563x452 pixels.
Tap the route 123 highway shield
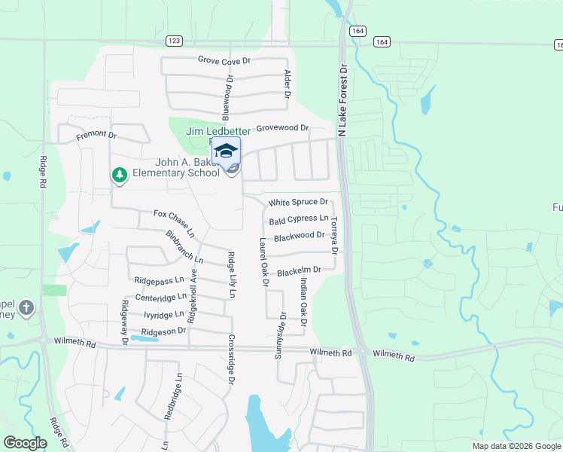pyautogui.click(x=174, y=42)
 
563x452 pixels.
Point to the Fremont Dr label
pyautogui.click(x=97, y=136)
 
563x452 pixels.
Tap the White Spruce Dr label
pyautogui.click(x=299, y=203)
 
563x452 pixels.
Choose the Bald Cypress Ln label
pyautogui.click(x=299, y=220)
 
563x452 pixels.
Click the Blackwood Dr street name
pyautogui.click(x=300, y=237)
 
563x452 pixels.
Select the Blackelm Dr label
pyautogui.click(x=299, y=270)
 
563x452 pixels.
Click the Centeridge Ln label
pyautogui.click(x=160, y=298)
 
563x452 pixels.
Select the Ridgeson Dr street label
pyautogui.click(x=163, y=331)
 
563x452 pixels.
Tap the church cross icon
pyautogui.click(x=26, y=307)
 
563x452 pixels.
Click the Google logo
pyautogui.click(x=25, y=443)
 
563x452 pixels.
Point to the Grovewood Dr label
pyautogui.click(x=282, y=129)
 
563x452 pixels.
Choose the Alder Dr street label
pyautogui.click(x=287, y=84)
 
